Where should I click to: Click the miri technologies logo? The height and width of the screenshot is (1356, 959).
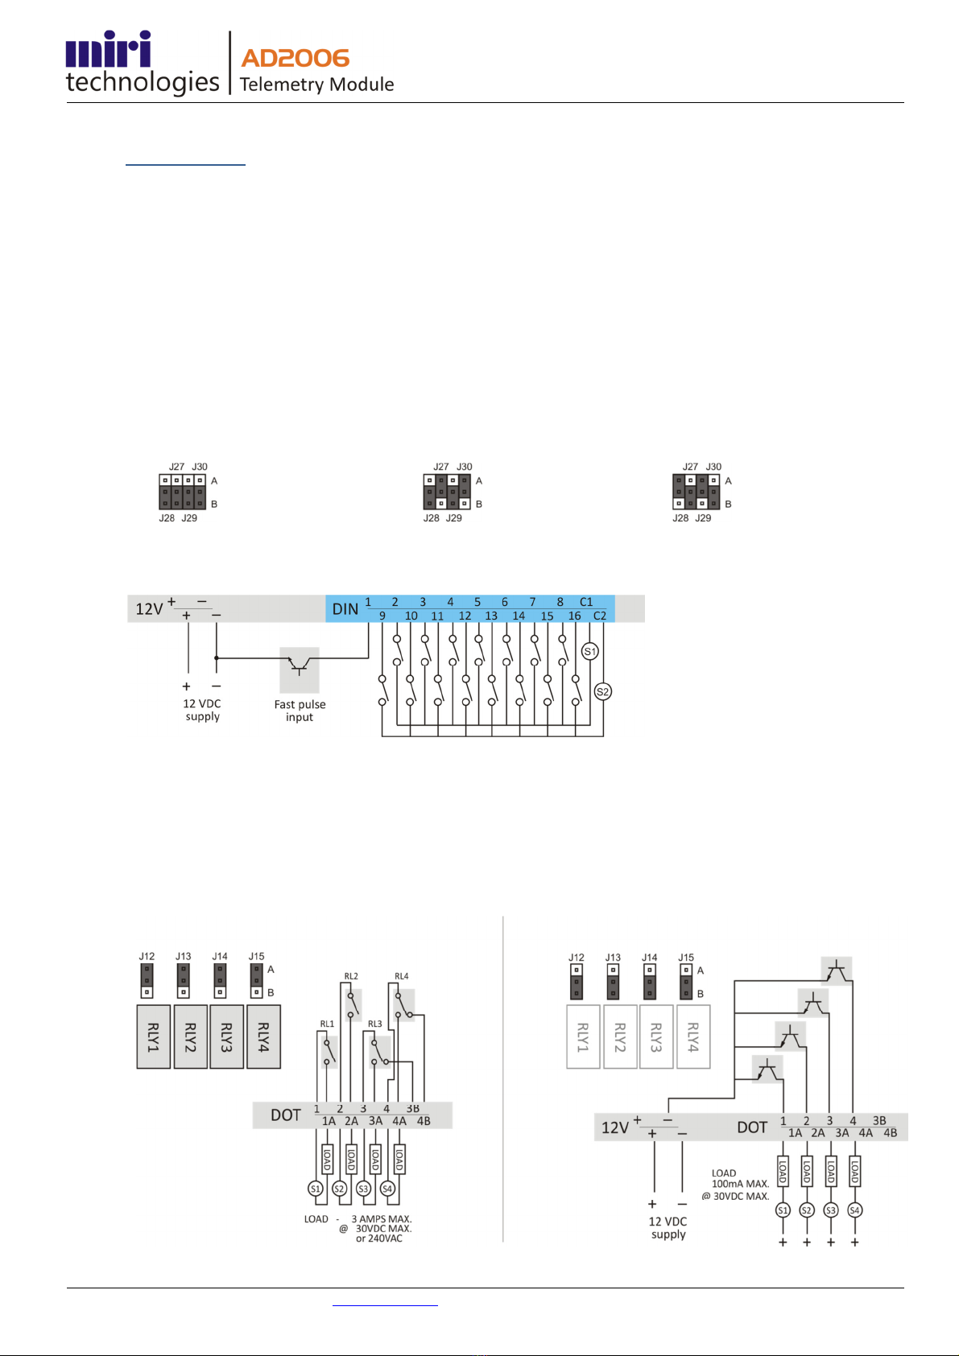pyautogui.click(x=143, y=62)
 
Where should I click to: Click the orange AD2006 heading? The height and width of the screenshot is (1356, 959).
pyautogui.click(x=295, y=58)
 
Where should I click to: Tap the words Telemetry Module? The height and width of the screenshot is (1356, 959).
pyautogui.click(x=316, y=84)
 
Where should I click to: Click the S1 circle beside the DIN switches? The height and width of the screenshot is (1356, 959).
pyautogui.click(x=589, y=651)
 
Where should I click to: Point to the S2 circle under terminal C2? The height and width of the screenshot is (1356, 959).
pyautogui.click(x=602, y=691)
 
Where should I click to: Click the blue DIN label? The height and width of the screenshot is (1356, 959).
pyautogui.click(x=345, y=609)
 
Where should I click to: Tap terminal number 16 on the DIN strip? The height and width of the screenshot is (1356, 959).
pyautogui.click(x=573, y=616)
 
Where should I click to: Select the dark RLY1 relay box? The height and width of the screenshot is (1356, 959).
pyautogui.click(x=153, y=1037)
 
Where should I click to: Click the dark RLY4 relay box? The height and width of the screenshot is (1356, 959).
pyautogui.click(x=263, y=1037)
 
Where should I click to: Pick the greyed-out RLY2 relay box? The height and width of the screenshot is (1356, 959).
pyautogui.click(x=620, y=1037)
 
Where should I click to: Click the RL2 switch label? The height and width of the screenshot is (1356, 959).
pyautogui.click(x=351, y=976)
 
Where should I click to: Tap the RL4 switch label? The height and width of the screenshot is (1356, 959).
pyautogui.click(x=401, y=976)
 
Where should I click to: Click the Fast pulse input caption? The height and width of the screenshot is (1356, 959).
pyautogui.click(x=300, y=711)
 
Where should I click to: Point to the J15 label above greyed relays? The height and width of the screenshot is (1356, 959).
pyautogui.click(x=686, y=957)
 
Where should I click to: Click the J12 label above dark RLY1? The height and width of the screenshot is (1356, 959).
pyautogui.click(x=147, y=956)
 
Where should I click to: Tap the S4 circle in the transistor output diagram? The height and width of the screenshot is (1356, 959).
pyautogui.click(x=854, y=1210)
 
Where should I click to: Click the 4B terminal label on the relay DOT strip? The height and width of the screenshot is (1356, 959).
pyautogui.click(x=423, y=1121)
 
